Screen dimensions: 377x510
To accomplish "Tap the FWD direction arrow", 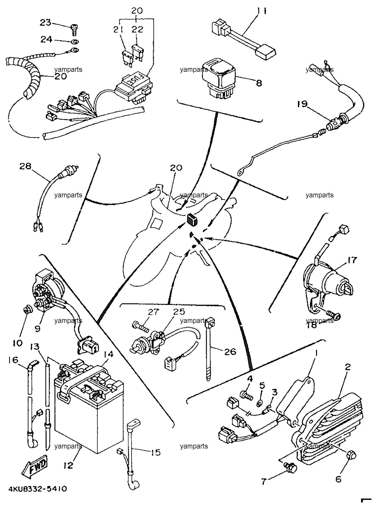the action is [35, 466].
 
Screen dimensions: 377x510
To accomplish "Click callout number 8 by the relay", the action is [259, 83].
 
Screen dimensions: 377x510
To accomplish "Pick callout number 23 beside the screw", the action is [45, 23].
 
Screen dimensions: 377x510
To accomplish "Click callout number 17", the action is [352, 260].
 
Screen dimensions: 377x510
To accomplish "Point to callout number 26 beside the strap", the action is [230, 351].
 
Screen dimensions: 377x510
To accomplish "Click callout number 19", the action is [303, 104].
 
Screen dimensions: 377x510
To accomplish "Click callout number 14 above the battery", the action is [108, 355].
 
